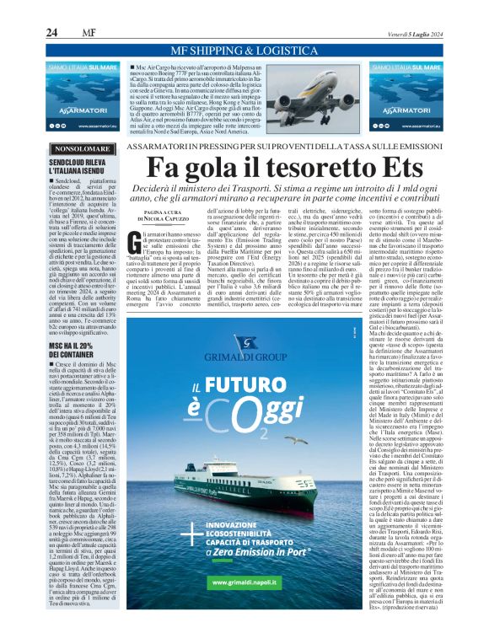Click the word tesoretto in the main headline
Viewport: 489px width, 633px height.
point(318,168)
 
